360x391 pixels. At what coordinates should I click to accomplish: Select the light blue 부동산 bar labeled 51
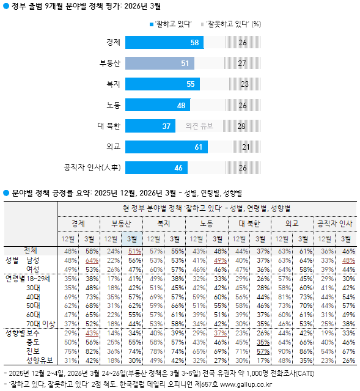pyautogui.click(x=160, y=64)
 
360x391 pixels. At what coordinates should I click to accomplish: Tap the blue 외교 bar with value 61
pyautogui.click(x=167, y=147)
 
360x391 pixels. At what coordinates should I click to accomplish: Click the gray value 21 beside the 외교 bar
pyautogui.click(x=246, y=147)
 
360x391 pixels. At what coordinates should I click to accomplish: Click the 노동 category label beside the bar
pyautogui.click(x=112, y=105)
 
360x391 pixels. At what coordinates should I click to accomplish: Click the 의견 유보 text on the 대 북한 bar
pyautogui.click(x=199, y=126)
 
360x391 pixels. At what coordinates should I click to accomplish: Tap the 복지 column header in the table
pyautogui.click(x=164, y=223)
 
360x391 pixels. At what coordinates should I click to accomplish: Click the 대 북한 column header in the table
pyautogui.click(x=249, y=223)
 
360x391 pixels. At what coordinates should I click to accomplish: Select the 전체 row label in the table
pyautogui.click(x=30, y=250)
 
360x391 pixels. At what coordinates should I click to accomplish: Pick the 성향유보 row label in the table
pyautogui.click(x=39, y=360)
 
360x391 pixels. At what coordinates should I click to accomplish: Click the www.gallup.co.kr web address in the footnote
pyautogui.click(x=255, y=384)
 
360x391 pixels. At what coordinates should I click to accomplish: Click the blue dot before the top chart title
pyautogui.click(x=6, y=7)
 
